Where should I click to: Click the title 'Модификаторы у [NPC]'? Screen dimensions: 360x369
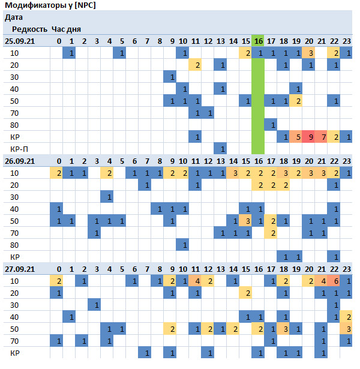50,5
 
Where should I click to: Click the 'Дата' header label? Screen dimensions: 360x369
14,17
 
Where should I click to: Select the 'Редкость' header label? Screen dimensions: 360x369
29,29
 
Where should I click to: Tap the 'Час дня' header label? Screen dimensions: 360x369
66,29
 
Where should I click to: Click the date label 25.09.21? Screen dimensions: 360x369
20,41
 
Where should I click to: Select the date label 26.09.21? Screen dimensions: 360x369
20,161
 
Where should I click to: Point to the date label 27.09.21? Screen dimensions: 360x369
20,269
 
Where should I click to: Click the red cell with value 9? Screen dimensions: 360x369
308,137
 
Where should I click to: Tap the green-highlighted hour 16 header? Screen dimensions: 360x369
258,41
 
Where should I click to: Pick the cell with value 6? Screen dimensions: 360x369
334,281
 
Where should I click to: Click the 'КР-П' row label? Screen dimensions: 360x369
19,149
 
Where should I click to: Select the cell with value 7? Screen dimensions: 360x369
321,137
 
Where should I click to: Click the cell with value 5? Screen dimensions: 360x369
296,137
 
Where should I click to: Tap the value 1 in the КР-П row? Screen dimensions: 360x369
220,149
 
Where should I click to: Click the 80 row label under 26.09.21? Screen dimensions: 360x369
14,245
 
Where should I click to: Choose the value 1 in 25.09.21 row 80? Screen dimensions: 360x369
271,125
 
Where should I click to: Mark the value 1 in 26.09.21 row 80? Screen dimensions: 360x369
182,245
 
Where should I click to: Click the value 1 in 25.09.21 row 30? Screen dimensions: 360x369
170,77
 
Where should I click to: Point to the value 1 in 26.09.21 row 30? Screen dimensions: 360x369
107,197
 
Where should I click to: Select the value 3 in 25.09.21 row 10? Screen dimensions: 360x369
308,53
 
